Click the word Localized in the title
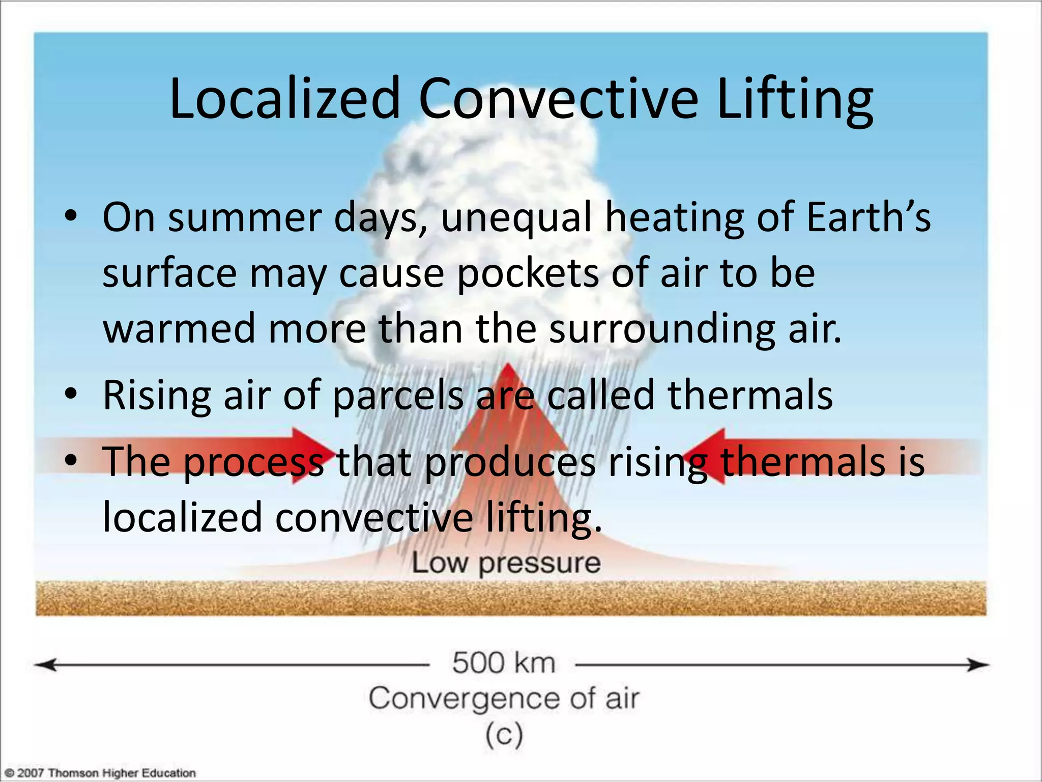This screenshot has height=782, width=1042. (x=285, y=99)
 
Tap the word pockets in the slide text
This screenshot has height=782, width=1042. (x=528, y=273)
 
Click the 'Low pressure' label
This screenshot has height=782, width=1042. (x=506, y=563)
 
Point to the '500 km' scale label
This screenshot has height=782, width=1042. (x=503, y=663)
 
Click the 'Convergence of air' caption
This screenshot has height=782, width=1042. (x=503, y=699)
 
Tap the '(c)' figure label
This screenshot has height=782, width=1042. (x=503, y=735)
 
